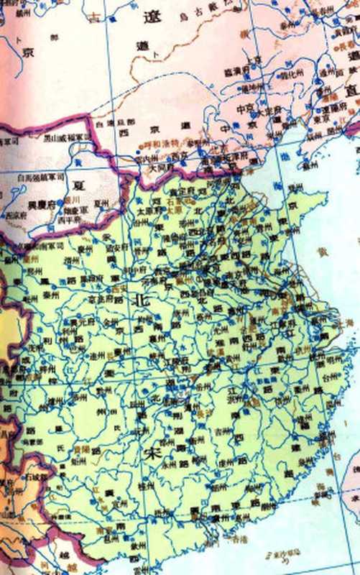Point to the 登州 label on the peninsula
pyautogui.click(x=292, y=188)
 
